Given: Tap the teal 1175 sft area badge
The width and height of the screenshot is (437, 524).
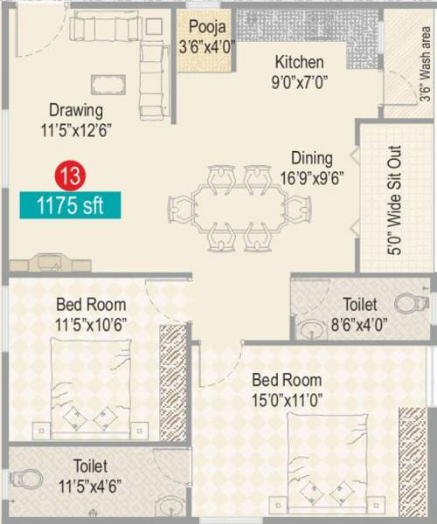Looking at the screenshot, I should coord(70,206).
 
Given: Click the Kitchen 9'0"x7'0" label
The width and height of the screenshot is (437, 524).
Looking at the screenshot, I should coord(299,72).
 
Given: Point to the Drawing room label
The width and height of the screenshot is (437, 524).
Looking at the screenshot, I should coord(76,120).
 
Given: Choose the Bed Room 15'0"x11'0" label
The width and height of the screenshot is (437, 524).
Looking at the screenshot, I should coord(287,390).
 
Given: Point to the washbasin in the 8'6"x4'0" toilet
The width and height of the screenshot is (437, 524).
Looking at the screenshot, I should coord(312,330).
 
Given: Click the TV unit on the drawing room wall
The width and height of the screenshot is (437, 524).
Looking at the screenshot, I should coord(53,262).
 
